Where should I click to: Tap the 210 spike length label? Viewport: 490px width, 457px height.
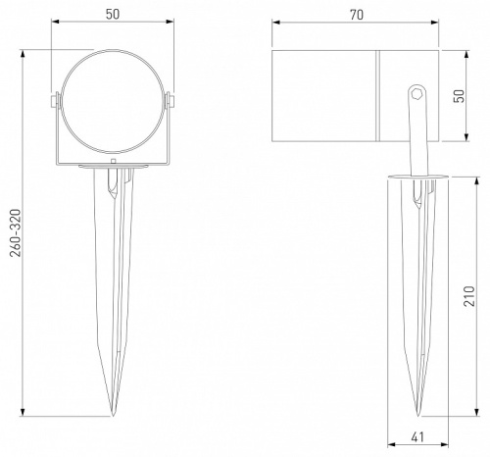pyautogui.click(x=471, y=296)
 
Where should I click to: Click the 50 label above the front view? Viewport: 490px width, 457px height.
pyautogui.click(x=115, y=16)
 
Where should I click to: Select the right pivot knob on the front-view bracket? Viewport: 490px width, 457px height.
pyautogui.click(x=172, y=100)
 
